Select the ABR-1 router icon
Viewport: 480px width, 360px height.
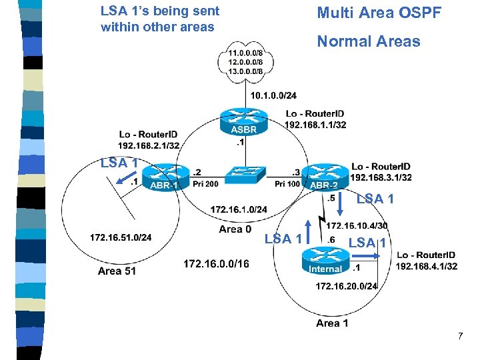(x=163, y=177)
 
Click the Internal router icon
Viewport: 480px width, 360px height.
(x=325, y=261)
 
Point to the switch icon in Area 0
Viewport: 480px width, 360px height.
(x=245, y=175)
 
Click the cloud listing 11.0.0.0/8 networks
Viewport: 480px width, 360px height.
(x=245, y=61)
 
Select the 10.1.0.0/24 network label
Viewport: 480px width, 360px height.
(x=273, y=95)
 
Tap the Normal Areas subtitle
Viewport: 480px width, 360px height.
(x=369, y=41)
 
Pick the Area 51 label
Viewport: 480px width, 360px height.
(x=117, y=271)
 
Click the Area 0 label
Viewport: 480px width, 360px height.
(x=235, y=229)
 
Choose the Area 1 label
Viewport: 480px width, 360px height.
(x=332, y=323)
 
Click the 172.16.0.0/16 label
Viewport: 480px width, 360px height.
(x=216, y=265)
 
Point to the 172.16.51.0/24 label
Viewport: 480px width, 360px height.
(x=121, y=237)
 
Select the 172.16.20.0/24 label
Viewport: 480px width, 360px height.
(x=346, y=286)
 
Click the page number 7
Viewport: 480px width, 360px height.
(x=460, y=337)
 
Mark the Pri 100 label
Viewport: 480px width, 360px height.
(x=288, y=183)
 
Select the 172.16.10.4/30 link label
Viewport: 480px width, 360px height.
(x=357, y=226)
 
